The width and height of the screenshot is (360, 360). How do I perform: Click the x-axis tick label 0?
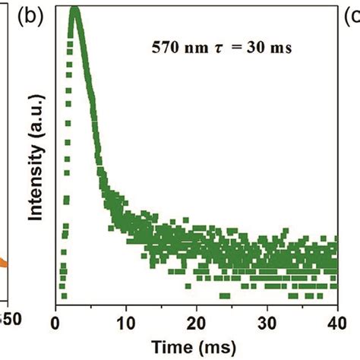(x=55, y=321)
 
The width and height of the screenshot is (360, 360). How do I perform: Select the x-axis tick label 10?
(x=126, y=321)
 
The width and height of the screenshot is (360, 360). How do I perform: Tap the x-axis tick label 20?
(x=197, y=321)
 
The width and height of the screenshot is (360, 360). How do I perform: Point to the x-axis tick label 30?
(x=267, y=321)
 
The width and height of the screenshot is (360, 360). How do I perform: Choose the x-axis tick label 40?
(x=336, y=321)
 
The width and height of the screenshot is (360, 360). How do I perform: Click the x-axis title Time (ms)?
(x=197, y=346)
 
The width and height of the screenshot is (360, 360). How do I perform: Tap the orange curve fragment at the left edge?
(x=3, y=264)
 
